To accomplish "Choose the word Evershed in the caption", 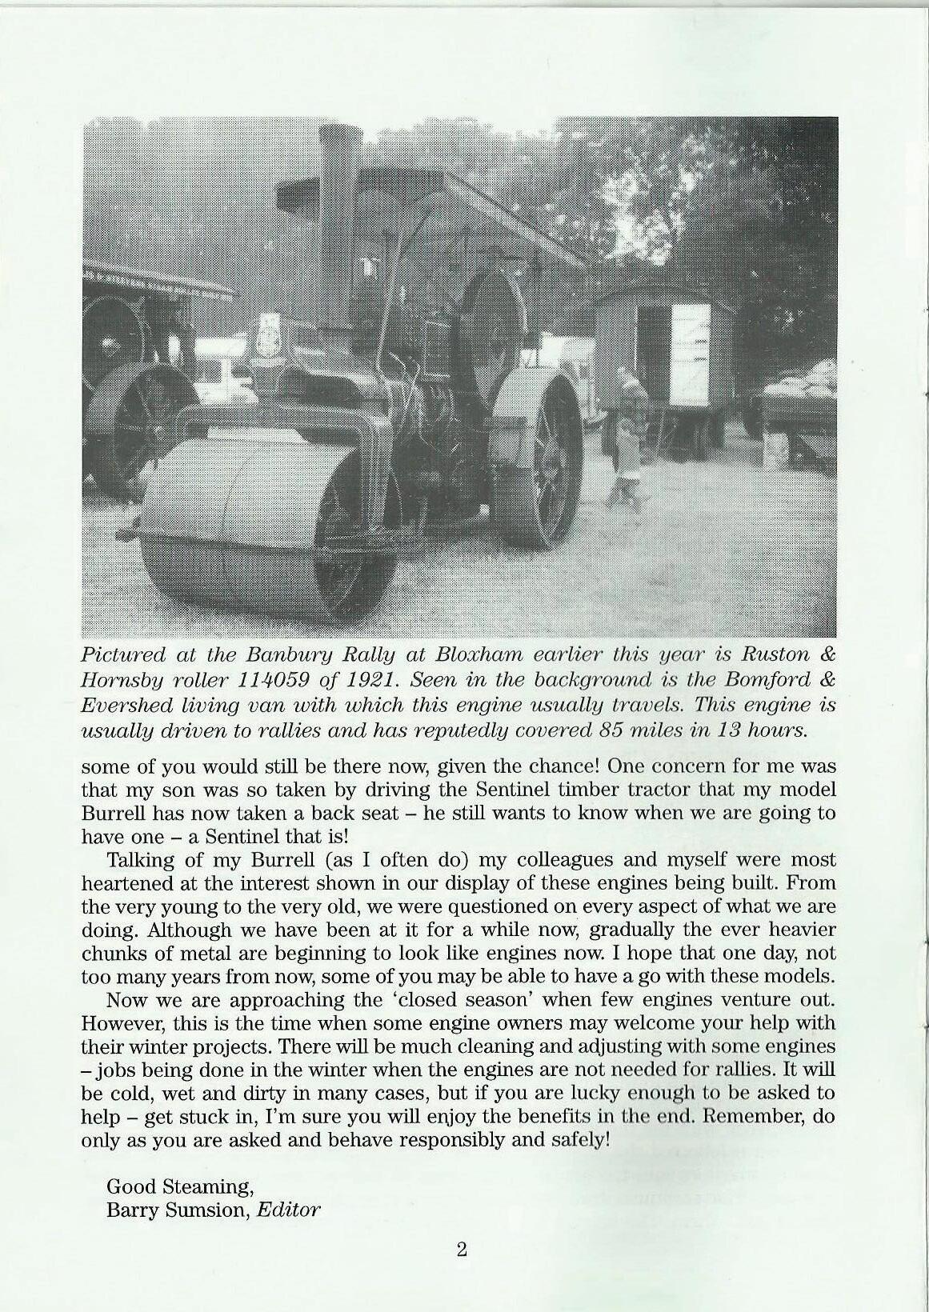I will tap(124, 706).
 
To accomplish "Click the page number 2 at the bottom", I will tap(462, 1250).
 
